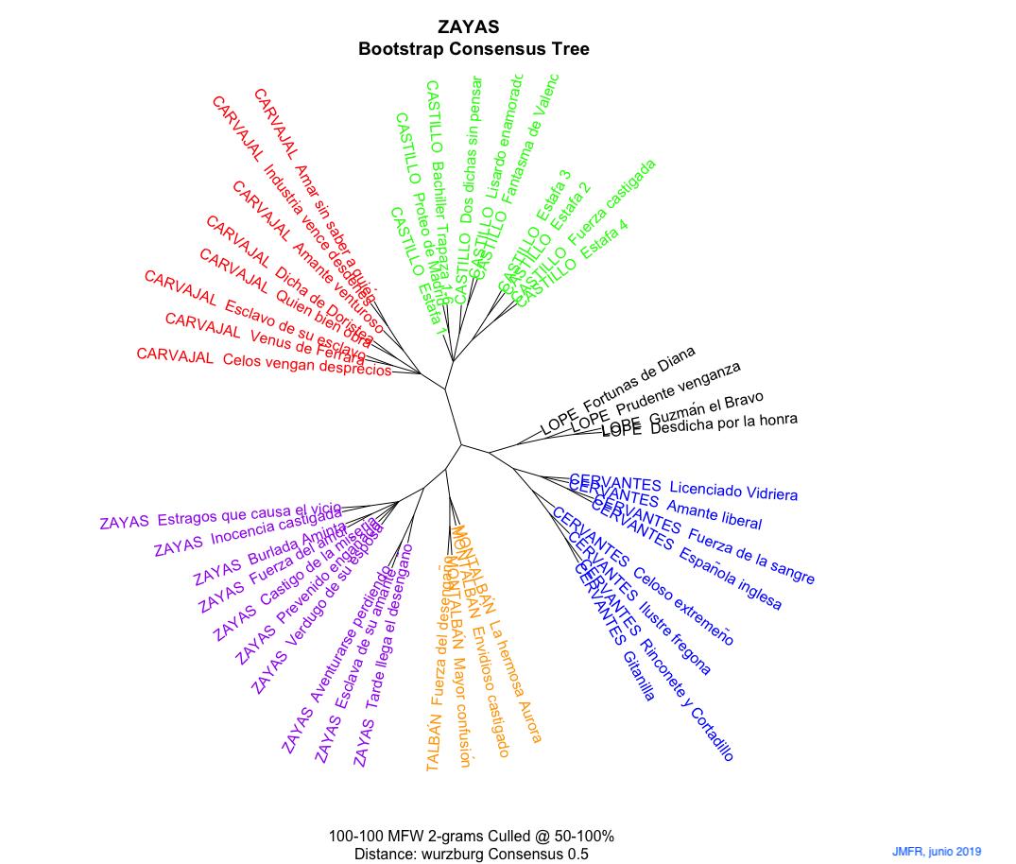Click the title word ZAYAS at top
tap(469, 28)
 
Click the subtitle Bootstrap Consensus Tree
tap(474, 50)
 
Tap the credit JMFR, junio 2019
tap(936, 851)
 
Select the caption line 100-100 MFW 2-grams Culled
tap(472, 837)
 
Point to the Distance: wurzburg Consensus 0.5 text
tap(472, 855)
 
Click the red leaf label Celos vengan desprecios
tap(264, 362)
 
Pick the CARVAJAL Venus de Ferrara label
tap(265, 338)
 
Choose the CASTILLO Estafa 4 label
tap(573, 262)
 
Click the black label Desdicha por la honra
tap(699, 424)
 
